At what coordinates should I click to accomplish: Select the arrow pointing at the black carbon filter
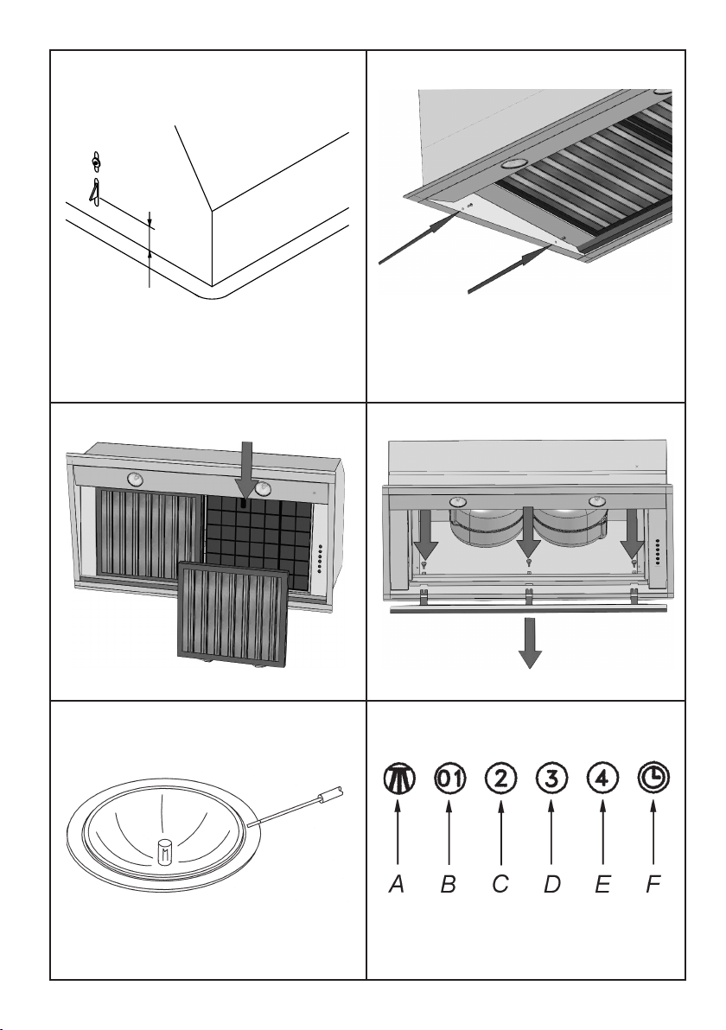tap(247, 472)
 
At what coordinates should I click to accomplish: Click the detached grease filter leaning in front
tap(232, 613)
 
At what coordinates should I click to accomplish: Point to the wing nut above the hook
tap(97, 162)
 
